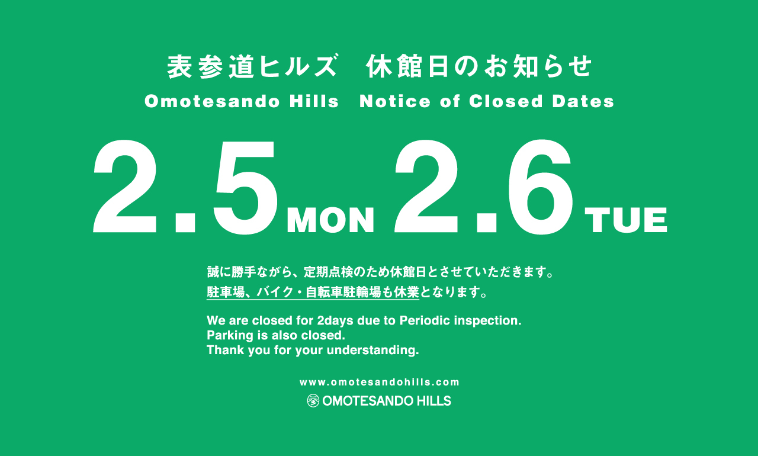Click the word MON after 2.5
(x=330, y=220)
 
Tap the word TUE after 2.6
(x=626, y=220)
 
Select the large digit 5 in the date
(x=245, y=187)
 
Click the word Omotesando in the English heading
(x=213, y=101)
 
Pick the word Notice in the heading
(x=395, y=101)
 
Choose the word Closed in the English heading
(x=506, y=101)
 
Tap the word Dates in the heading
(x=583, y=101)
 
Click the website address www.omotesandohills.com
(x=380, y=382)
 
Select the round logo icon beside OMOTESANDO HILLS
(x=313, y=401)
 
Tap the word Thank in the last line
(x=226, y=350)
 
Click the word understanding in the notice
(x=373, y=351)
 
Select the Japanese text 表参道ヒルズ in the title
(x=252, y=66)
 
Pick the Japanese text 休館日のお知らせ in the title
(x=479, y=66)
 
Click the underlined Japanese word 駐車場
(x=226, y=293)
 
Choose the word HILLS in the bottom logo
(x=434, y=401)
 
